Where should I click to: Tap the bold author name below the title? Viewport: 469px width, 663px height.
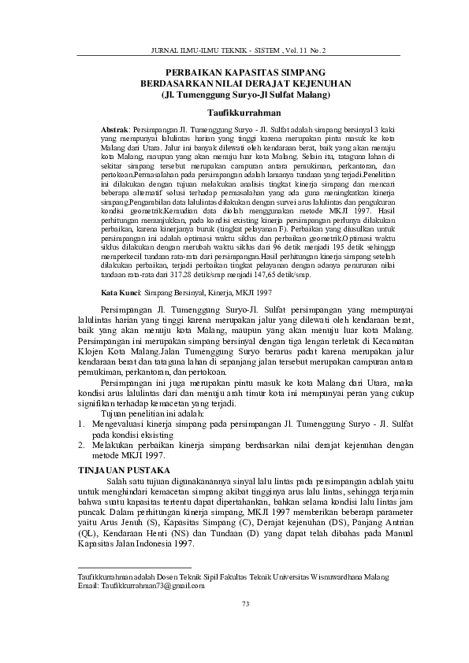pyautogui.click(x=234, y=113)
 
